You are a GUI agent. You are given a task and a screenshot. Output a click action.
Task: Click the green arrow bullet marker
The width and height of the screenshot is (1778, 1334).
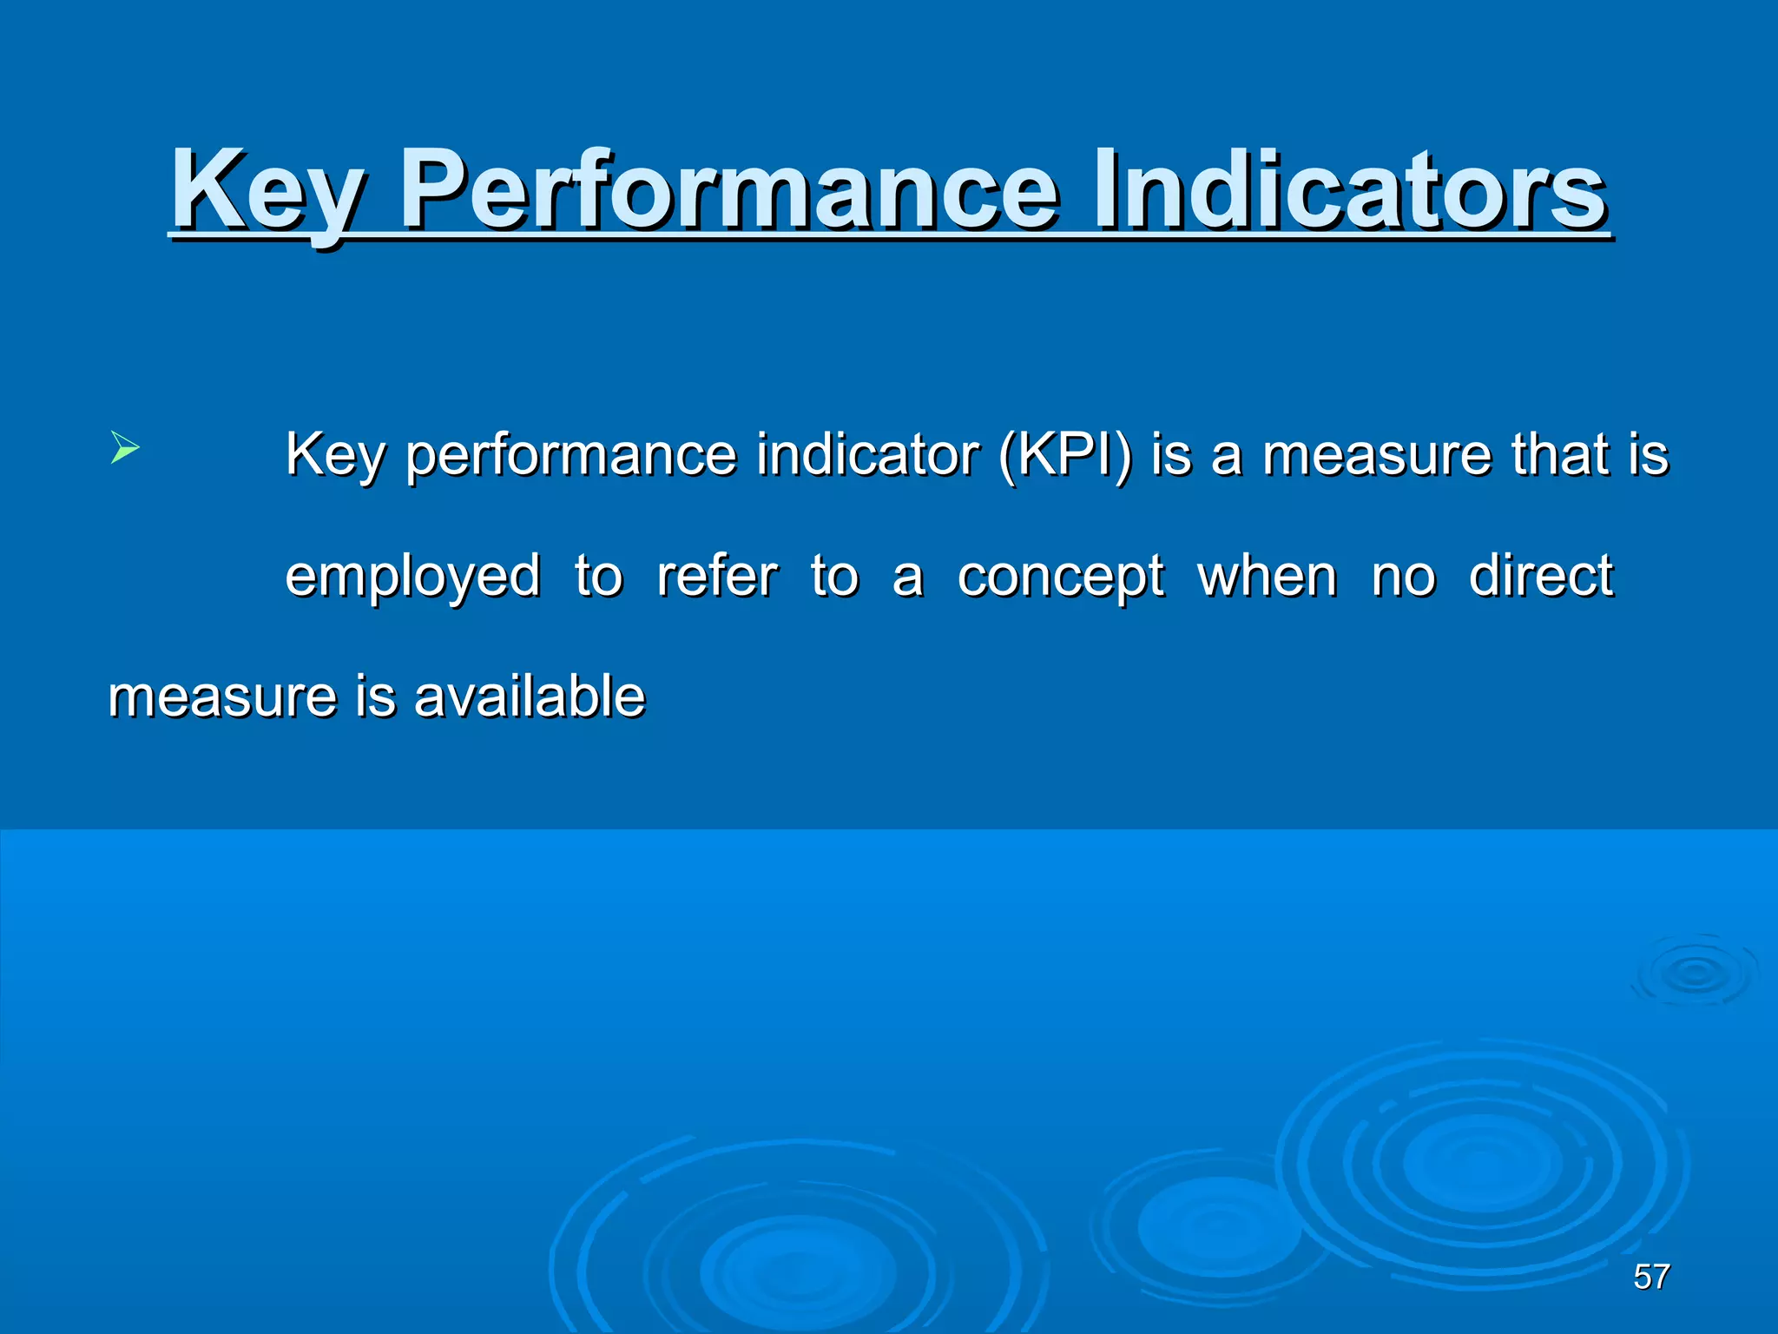point(125,449)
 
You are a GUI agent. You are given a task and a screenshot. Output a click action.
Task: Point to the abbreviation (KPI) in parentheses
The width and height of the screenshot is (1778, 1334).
point(1065,454)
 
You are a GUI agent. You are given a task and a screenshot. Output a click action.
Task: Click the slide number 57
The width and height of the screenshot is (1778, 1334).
point(1651,1277)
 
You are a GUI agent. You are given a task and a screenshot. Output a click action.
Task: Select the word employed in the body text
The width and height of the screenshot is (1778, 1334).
point(413,577)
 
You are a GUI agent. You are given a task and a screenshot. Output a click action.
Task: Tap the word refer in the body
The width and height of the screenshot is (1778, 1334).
point(717,576)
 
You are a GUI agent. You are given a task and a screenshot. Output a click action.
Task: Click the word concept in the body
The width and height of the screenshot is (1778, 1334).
point(1060,577)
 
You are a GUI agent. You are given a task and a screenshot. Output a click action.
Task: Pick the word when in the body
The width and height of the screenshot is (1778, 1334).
point(1267,576)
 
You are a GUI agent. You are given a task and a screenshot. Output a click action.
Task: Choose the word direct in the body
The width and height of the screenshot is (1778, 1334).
point(1540,576)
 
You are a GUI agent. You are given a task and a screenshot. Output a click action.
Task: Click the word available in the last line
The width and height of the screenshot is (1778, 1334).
point(530,697)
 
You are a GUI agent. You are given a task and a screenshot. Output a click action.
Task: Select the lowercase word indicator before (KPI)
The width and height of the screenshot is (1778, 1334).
point(867,454)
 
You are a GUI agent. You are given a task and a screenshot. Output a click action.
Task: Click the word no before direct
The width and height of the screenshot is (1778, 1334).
point(1403,577)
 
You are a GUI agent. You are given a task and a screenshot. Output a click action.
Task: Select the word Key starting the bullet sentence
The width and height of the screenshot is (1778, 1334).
point(335,454)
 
